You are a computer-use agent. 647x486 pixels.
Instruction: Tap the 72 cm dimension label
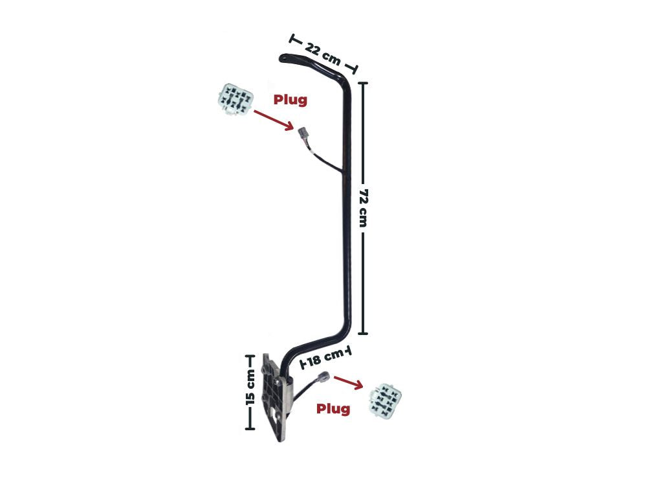pos(363,208)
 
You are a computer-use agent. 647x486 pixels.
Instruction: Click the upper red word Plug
pos(291,100)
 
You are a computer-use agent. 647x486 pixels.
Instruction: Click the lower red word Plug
pos(333,409)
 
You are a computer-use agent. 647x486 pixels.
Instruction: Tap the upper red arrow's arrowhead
pos(290,127)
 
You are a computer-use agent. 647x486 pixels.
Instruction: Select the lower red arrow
pos(348,383)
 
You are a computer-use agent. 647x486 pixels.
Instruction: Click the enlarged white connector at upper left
pos(235,100)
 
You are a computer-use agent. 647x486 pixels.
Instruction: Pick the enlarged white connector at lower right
pos(385,400)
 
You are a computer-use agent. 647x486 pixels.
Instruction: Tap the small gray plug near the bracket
pos(322,377)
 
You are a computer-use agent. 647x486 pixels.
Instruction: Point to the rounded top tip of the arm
pos(283,58)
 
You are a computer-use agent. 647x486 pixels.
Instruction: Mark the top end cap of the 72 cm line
pos(362,83)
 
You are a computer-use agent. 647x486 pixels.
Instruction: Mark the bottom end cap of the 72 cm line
pos(362,334)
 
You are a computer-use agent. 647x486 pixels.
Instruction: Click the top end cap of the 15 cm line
pos(250,356)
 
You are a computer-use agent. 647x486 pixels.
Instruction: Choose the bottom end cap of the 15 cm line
pos(250,428)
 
